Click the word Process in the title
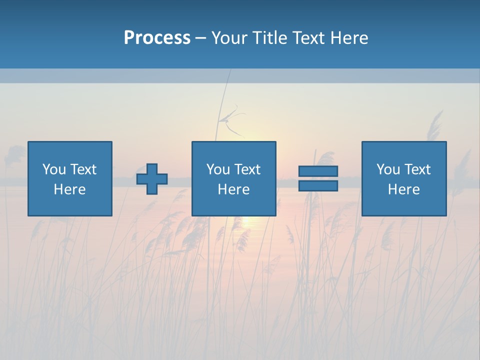pos(157,38)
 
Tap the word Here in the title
pos(349,38)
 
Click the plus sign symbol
pos(152,179)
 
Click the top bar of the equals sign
pos(318,171)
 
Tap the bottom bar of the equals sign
pos(318,186)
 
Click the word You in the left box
pos(54,169)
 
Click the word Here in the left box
pos(69,189)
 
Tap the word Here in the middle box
pos(233,189)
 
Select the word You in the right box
pos(388,169)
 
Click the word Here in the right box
pos(403,189)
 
